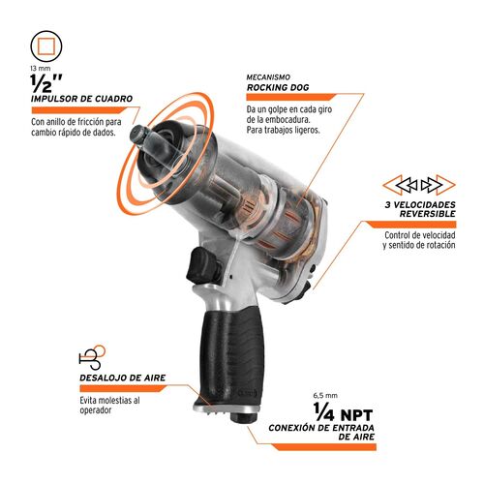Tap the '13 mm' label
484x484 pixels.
pyautogui.click(x=41, y=71)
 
